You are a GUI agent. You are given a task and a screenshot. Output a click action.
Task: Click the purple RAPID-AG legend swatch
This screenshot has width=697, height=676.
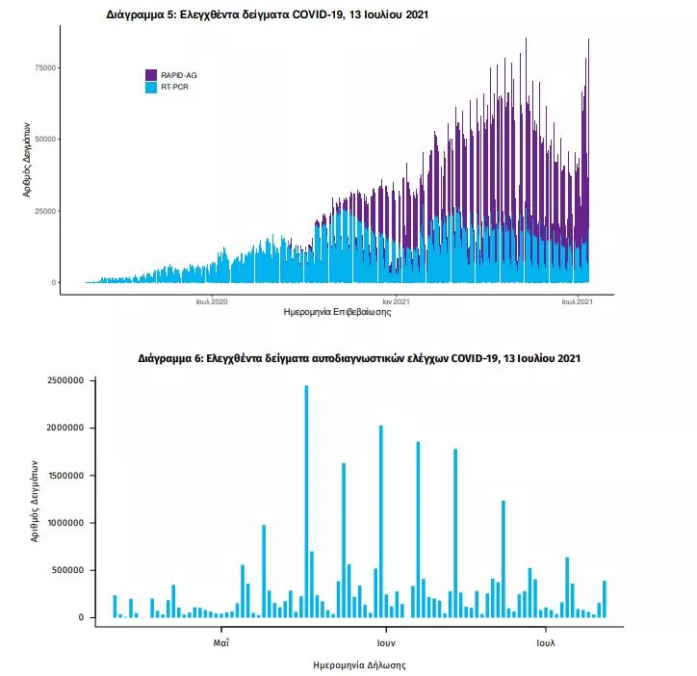[x=152, y=74]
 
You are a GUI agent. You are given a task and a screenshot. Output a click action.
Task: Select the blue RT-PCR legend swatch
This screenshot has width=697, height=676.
[x=152, y=88]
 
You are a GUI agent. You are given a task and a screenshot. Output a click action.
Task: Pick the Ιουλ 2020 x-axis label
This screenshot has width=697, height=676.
[x=211, y=300]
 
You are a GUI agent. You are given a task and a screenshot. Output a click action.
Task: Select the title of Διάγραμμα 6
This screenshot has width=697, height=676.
[x=359, y=358]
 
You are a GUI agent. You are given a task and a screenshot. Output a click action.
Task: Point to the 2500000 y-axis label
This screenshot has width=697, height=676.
[x=63, y=380]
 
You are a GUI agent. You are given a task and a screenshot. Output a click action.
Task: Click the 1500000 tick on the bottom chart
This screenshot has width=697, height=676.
[x=63, y=475]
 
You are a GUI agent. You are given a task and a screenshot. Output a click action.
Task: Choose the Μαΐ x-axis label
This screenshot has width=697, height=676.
[x=220, y=639]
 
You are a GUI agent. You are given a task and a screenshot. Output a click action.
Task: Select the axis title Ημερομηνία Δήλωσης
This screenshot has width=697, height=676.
[x=359, y=665]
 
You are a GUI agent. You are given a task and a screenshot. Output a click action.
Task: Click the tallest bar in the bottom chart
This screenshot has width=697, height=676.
[x=306, y=501]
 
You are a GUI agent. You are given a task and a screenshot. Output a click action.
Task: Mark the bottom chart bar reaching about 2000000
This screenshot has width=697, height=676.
[x=381, y=521]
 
